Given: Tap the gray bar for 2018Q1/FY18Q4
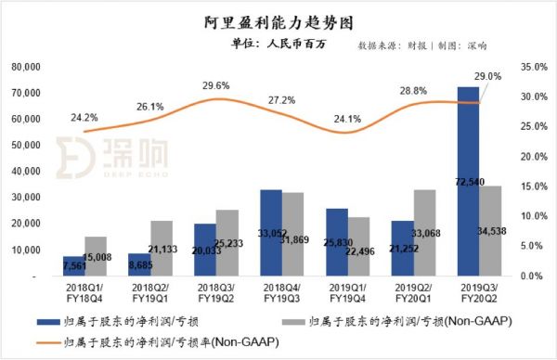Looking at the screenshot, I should coord(109,256).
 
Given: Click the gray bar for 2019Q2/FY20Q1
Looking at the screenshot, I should coord(425,232).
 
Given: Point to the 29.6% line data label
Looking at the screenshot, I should coord(215,86).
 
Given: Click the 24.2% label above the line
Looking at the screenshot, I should coord(84,118).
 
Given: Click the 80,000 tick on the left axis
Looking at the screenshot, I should coord(24,68).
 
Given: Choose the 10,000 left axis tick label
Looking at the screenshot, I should coord(24,251).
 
